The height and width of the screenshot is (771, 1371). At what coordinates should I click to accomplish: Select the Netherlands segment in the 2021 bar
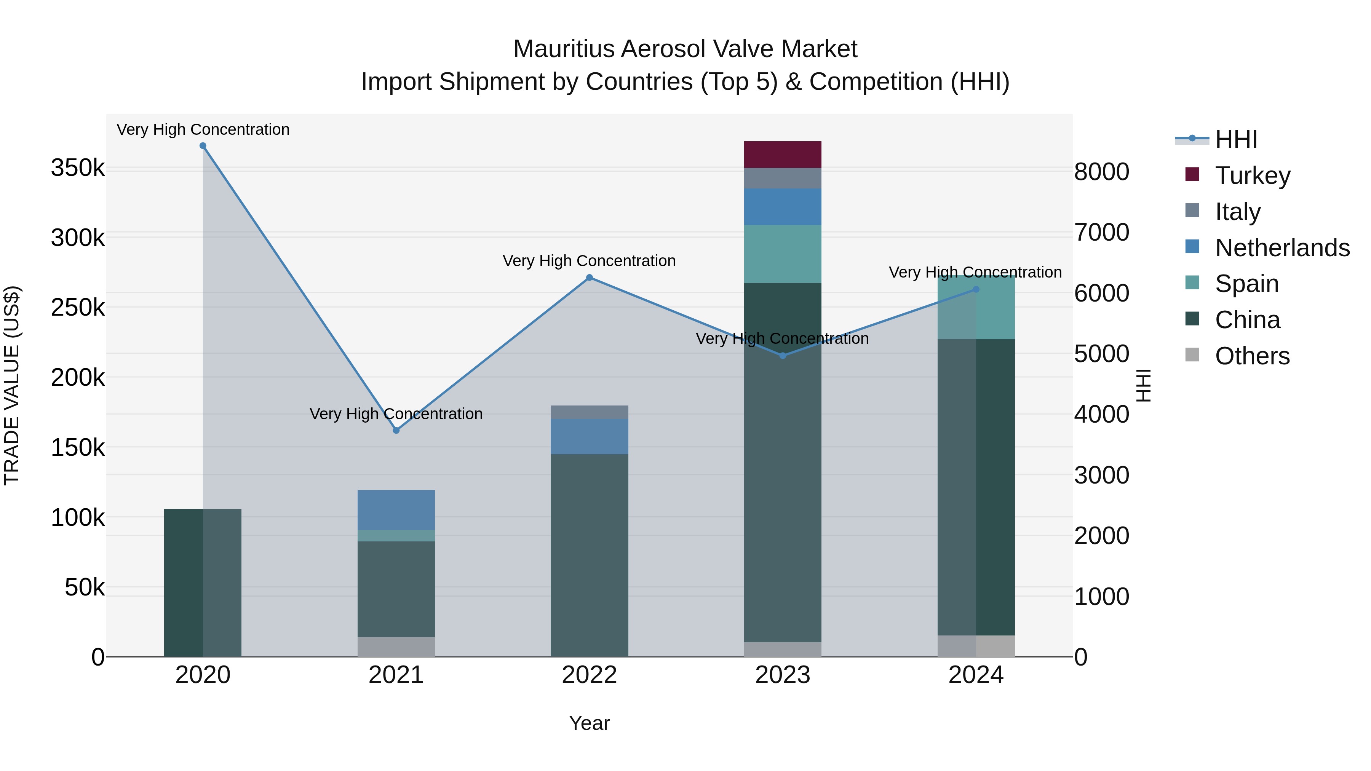(x=396, y=510)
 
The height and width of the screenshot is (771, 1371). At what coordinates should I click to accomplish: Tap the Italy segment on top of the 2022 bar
(x=589, y=412)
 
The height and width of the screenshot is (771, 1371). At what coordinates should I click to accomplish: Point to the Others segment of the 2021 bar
(x=396, y=646)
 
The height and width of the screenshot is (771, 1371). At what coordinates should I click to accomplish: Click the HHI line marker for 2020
(x=203, y=146)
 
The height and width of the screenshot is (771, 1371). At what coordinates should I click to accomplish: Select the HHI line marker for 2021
(x=396, y=430)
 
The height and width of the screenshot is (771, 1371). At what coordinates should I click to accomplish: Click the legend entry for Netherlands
(x=1282, y=248)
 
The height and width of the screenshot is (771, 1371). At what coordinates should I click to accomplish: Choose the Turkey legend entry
(x=1252, y=176)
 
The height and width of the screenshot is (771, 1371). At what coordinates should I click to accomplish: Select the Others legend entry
(x=1252, y=356)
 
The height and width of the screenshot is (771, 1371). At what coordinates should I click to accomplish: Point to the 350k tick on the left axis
(x=78, y=168)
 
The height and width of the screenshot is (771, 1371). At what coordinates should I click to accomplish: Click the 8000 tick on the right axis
(x=1101, y=172)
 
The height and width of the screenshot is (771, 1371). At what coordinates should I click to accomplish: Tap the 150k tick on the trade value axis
(x=78, y=447)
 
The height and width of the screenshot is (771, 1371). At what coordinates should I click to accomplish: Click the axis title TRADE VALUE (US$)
(x=12, y=385)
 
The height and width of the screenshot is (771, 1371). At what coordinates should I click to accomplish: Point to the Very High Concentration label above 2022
(x=589, y=261)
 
